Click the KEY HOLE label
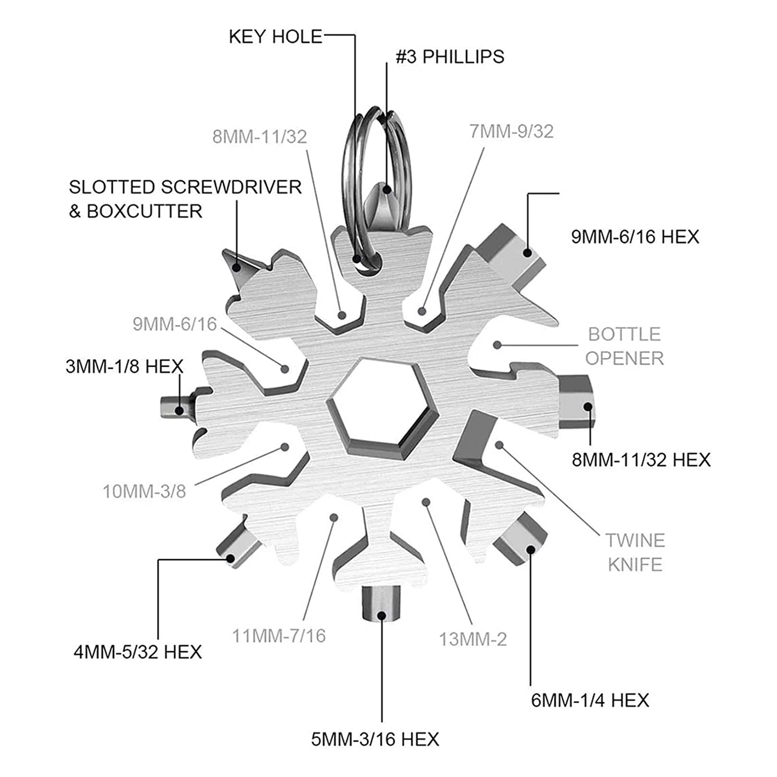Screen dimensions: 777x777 tap(275, 37)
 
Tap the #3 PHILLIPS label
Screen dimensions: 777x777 tap(450, 56)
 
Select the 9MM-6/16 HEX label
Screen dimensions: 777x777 tap(635, 237)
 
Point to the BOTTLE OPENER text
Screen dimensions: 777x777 tap(624, 346)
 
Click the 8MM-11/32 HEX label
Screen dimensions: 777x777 tap(641, 460)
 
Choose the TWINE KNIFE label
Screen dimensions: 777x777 tap(635, 552)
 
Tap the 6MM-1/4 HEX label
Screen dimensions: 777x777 tap(590, 700)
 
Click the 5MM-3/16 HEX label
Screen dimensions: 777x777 tap(375, 739)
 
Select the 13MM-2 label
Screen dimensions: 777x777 tap(473, 639)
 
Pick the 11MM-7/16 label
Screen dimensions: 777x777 tap(279, 636)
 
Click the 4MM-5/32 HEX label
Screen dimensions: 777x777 tap(138, 652)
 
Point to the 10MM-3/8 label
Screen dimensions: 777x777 tap(144, 491)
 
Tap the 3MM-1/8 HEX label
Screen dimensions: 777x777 tap(124, 367)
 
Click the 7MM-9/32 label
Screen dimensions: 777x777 tap(511, 131)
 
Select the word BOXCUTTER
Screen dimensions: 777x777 tap(144, 211)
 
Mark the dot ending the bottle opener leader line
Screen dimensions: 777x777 tap(497, 345)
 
